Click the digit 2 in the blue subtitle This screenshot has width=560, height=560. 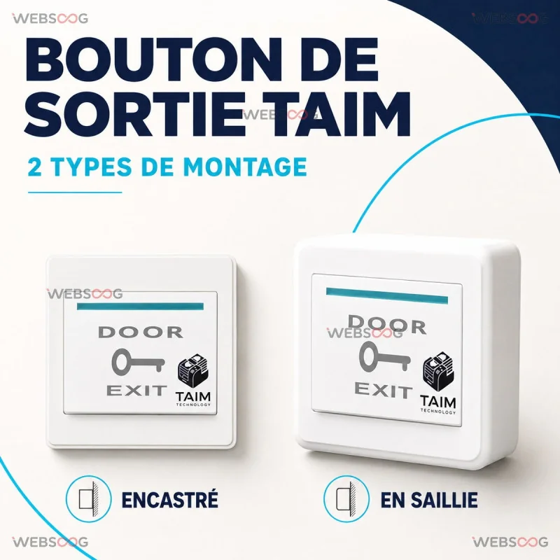pyautogui.click(x=34, y=167)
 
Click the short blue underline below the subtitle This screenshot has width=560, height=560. pyautogui.click(x=75, y=192)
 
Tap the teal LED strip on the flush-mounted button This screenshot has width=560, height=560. pyautogui.click(x=141, y=307)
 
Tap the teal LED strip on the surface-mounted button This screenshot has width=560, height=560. pyautogui.click(x=387, y=295)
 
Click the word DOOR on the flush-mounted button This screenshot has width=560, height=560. pyautogui.click(x=141, y=332)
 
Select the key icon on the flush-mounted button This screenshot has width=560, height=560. pyautogui.click(x=138, y=362)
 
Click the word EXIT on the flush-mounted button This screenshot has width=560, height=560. pyautogui.click(x=136, y=391)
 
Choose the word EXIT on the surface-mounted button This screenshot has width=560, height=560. pyautogui.click(x=383, y=390)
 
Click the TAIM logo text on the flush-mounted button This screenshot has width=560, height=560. pyautogui.click(x=193, y=397)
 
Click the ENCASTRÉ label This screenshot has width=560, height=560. pyautogui.click(x=169, y=499)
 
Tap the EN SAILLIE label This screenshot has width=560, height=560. pyautogui.click(x=429, y=500)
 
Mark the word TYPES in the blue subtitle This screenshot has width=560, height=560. pyautogui.click(x=91, y=167)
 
